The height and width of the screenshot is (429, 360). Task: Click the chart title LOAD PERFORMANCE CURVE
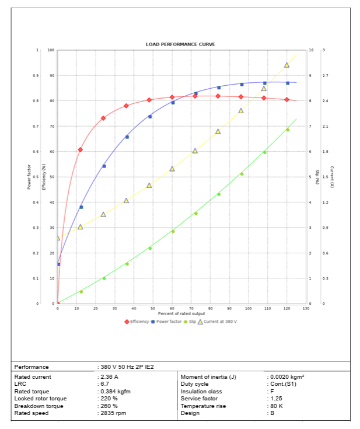(181, 44)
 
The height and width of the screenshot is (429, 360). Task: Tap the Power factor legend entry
(167, 322)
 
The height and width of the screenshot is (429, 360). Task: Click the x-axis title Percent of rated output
(181, 313)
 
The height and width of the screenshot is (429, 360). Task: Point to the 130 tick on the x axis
(306, 308)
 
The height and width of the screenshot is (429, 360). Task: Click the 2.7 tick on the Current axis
(325, 76)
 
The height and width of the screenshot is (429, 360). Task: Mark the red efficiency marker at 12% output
(81, 149)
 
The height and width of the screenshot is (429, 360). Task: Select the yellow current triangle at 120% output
(286, 65)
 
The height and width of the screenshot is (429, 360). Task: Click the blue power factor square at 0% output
(58, 264)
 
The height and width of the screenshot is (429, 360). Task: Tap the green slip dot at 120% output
(287, 130)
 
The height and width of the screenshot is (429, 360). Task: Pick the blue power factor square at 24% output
(104, 166)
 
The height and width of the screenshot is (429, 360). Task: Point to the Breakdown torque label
(36, 406)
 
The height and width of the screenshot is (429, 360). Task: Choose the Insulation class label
(202, 392)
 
